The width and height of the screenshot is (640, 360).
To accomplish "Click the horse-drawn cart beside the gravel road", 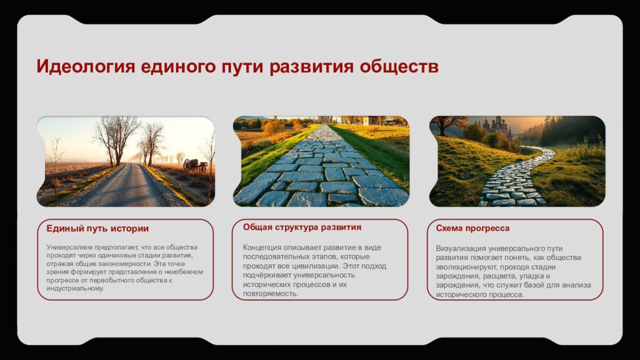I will (x=194, y=165).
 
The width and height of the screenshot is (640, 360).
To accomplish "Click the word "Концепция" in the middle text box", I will (x=262, y=247).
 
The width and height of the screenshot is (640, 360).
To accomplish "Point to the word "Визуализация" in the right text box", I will (x=460, y=248).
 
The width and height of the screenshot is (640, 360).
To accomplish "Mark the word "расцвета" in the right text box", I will (x=516, y=276).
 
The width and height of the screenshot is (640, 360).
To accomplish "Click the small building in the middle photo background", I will (x=371, y=120).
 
